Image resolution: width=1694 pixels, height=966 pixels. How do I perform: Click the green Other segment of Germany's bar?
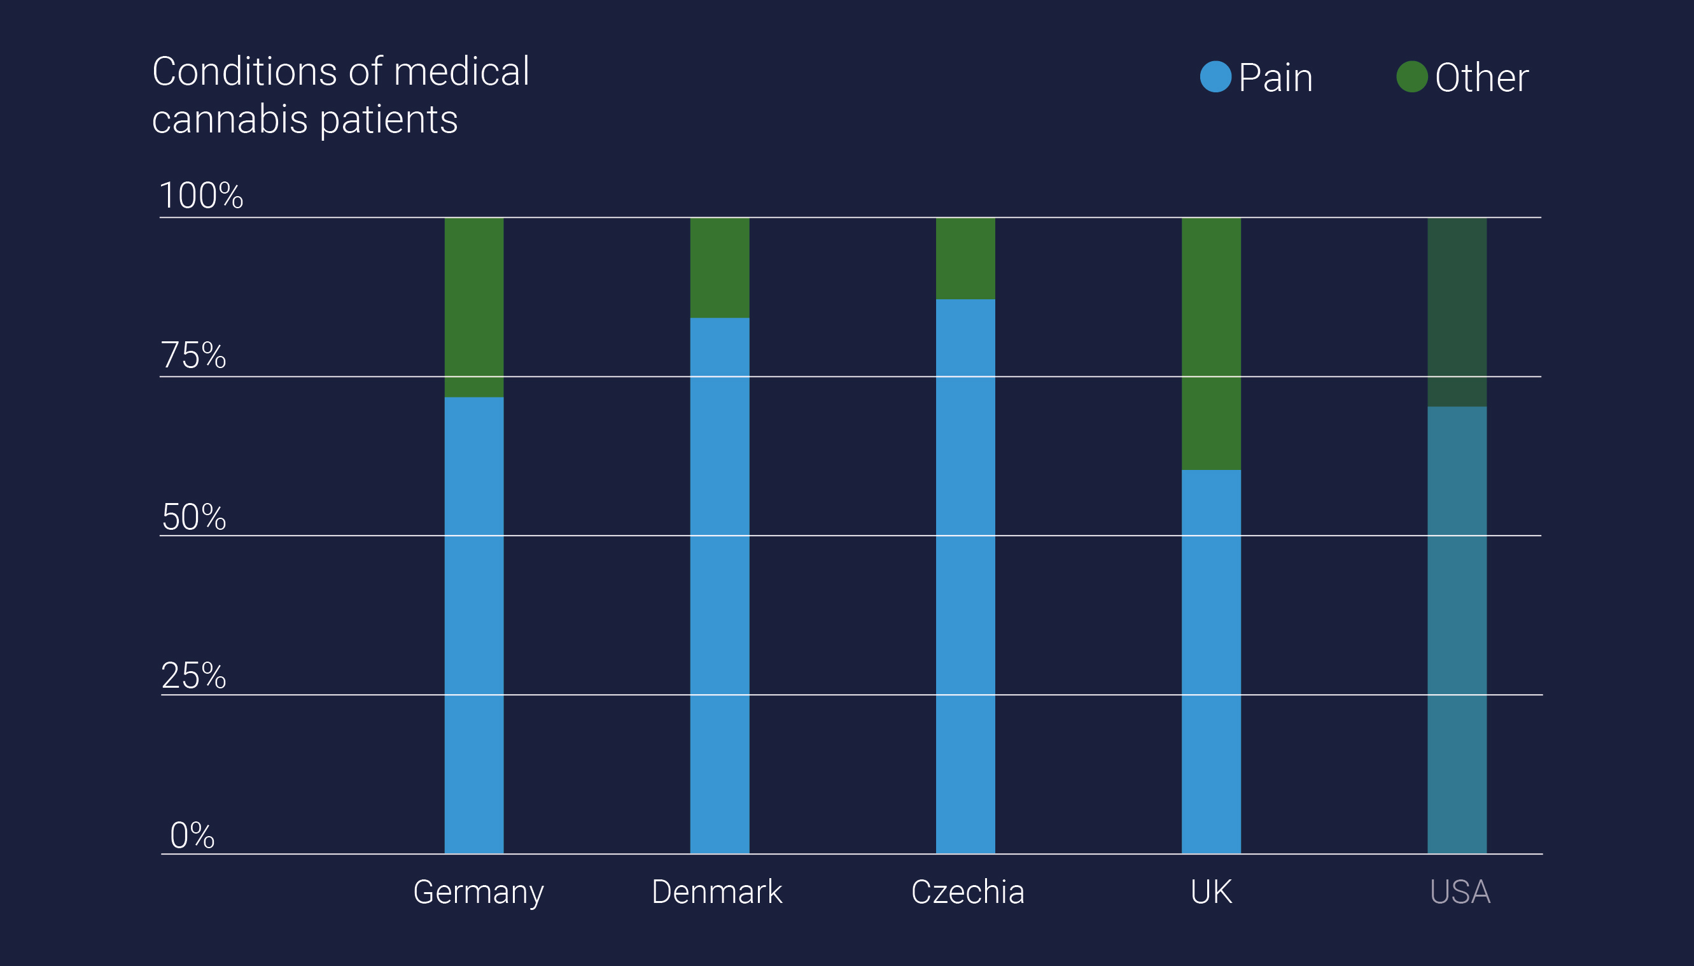pos(473,306)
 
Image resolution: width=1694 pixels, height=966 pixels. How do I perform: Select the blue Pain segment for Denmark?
pos(719,585)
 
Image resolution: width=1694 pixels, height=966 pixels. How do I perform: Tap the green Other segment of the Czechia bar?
pos(965,258)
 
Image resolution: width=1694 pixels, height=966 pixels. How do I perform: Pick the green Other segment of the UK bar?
pos(1210,343)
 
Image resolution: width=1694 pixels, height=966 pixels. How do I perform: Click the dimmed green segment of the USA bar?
pos(1456,312)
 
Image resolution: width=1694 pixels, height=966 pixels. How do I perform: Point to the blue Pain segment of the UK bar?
pos(1210,661)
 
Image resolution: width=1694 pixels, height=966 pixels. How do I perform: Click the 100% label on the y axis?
pos(201,195)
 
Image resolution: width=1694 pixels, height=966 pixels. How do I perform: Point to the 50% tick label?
pos(193,517)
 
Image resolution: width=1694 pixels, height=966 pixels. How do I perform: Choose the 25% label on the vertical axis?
pos(193,676)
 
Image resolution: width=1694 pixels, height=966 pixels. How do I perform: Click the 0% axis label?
pos(192,835)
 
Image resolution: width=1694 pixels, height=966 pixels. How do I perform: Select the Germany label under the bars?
pos(478,892)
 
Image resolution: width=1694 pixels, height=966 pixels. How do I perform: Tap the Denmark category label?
pos(716,891)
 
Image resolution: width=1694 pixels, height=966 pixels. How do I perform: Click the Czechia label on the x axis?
pos(967,891)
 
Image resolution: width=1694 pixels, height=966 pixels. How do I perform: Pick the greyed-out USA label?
pos(1459,891)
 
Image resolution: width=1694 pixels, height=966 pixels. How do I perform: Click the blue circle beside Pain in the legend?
pos(1215,77)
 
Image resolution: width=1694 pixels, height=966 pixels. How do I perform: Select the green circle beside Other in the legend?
pos(1411,77)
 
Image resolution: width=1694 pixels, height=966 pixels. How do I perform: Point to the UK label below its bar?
pos(1210,891)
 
